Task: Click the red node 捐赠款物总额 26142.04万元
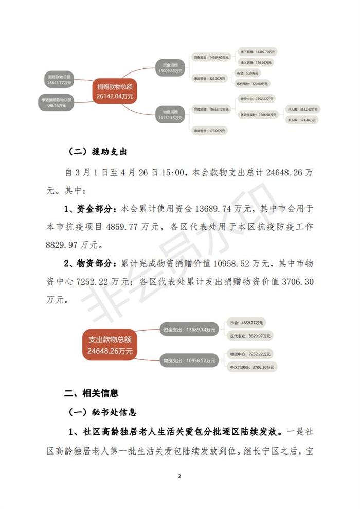(114, 91)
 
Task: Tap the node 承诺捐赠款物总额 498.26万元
(57, 102)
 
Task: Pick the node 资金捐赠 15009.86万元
(170, 68)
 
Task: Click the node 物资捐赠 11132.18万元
(170, 114)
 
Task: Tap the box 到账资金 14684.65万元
(210, 58)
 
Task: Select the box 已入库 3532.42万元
(303, 110)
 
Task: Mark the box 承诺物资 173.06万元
(209, 131)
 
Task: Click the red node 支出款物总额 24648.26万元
(110, 345)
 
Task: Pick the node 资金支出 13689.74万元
(188, 330)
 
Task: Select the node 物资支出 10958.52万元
(188, 361)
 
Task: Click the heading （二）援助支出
(98, 152)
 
